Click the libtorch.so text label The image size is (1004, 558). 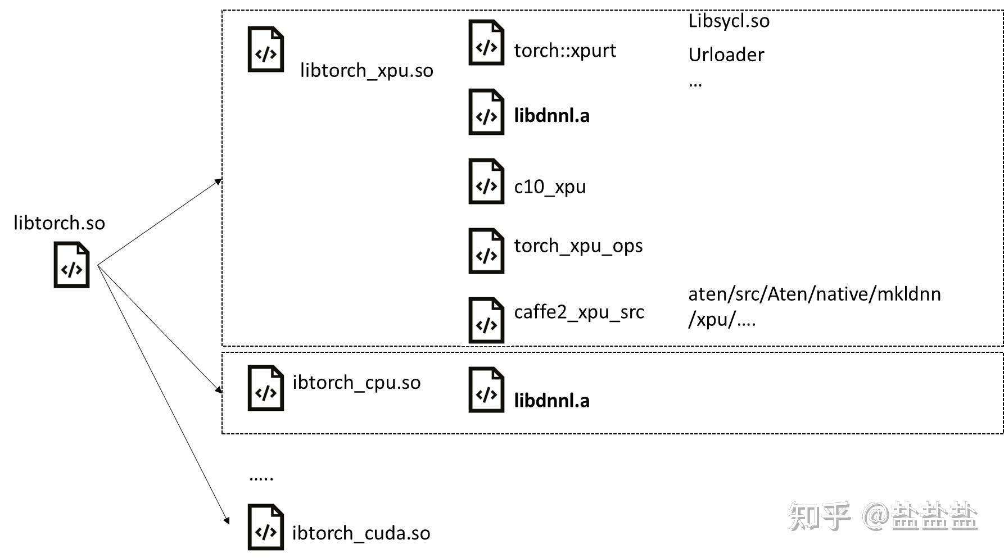pyautogui.click(x=59, y=223)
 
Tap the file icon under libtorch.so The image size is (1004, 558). pyautogui.click(x=71, y=265)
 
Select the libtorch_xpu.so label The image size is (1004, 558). pyautogui.click(x=367, y=71)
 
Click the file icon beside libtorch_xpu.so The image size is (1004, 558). pyautogui.click(x=266, y=49)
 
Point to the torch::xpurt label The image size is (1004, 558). pyautogui.click(x=565, y=51)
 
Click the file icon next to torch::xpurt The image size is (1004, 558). pyautogui.click(x=486, y=42)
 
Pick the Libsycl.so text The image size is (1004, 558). pyautogui.click(x=729, y=21)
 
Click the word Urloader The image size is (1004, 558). pyautogui.click(x=726, y=55)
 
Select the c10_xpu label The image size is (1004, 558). pyautogui.click(x=550, y=187)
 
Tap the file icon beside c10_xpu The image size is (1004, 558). pyautogui.click(x=486, y=181)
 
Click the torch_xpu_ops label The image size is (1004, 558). pyautogui.click(x=578, y=246)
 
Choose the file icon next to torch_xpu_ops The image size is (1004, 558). pyautogui.click(x=486, y=251)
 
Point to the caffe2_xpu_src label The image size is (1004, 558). pyautogui.click(x=579, y=312)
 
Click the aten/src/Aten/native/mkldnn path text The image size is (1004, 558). pyautogui.click(x=815, y=294)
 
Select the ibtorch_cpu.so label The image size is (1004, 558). pyautogui.click(x=356, y=383)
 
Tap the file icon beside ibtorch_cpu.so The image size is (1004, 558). pyautogui.click(x=266, y=388)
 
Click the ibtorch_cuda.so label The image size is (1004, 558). pyautogui.click(x=361, y=533)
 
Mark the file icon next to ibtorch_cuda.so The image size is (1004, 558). pyautogui.click(x=266, y=527)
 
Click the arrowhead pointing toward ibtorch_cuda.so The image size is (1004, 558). pyautogui.click(x=227, y=520)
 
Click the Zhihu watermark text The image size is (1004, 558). pyautogui.click(x=883, y=516)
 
